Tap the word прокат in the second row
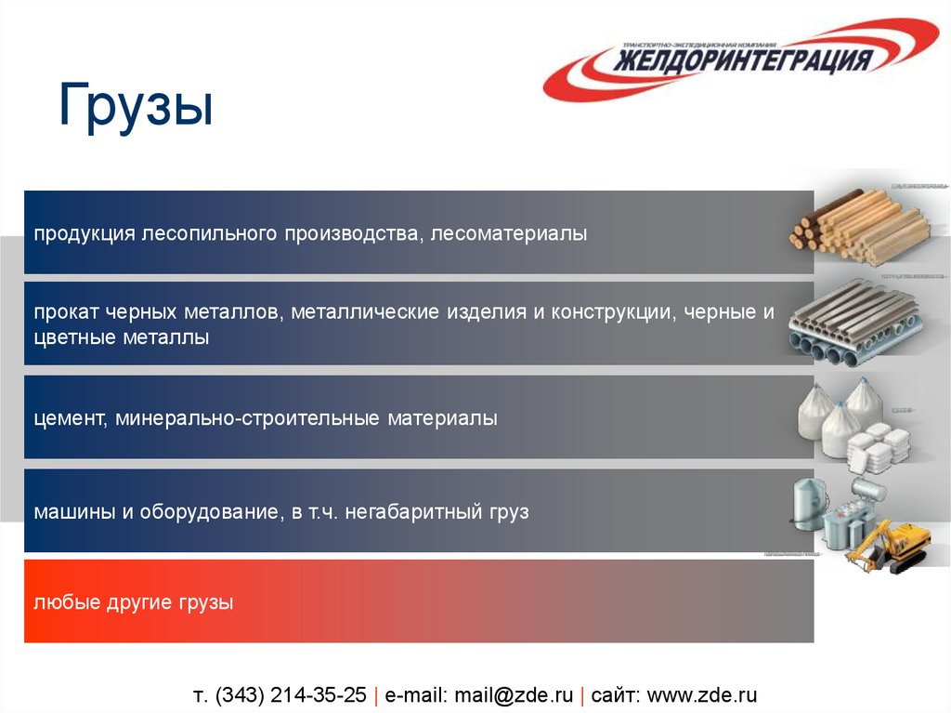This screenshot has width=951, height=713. [61, 312]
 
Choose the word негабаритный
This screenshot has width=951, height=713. [410, 511]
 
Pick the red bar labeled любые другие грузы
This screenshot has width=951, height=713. [418, 602]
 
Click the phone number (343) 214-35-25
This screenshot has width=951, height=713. [291, 695]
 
